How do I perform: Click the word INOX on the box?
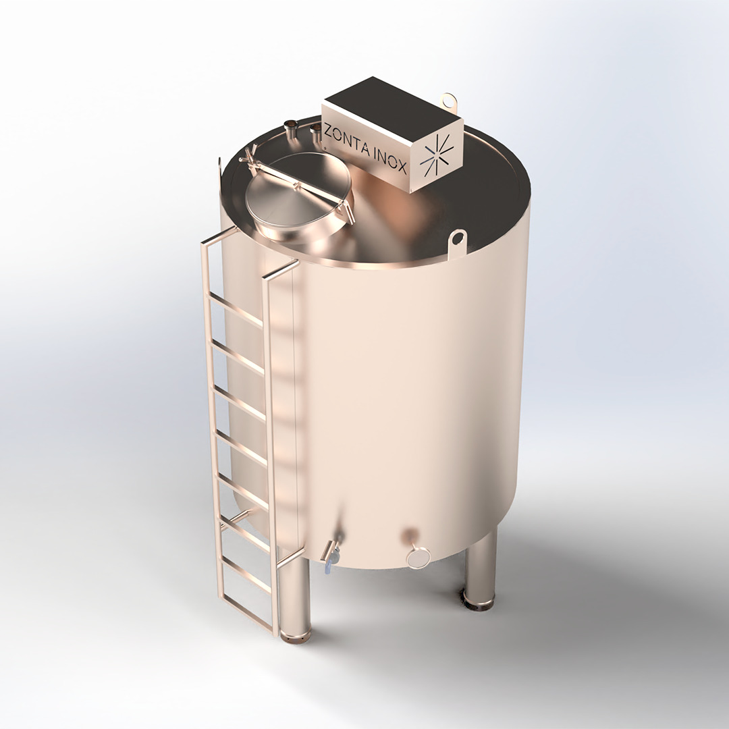[389, 160]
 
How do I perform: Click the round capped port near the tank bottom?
[418, 556]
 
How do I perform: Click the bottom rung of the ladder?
[246, 576]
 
